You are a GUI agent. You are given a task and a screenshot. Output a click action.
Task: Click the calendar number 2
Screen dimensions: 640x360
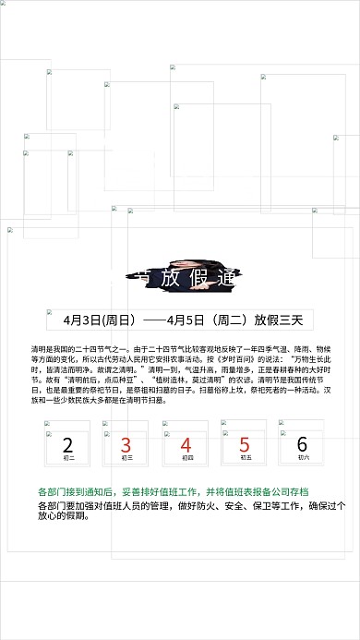coord(67,445)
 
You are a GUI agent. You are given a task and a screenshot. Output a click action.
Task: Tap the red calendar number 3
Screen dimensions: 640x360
coord(126,445)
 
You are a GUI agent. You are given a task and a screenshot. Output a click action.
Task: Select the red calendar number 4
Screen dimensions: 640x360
coord(186,445)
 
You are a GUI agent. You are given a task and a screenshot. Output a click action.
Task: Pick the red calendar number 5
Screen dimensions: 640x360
coord(245,445)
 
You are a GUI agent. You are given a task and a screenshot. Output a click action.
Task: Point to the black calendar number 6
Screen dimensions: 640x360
coord(303,445)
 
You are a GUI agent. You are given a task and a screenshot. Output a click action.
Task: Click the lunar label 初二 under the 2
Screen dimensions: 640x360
coord(68,458)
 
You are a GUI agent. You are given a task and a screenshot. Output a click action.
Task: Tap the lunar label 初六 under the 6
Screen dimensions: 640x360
coord(303,458)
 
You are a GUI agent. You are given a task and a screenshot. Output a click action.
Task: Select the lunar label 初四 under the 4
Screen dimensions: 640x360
coord(186,458)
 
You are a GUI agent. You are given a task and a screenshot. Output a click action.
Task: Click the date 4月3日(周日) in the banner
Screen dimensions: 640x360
coord(101,320)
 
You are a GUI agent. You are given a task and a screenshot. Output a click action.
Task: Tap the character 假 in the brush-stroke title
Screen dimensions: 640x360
coord(197,275)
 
